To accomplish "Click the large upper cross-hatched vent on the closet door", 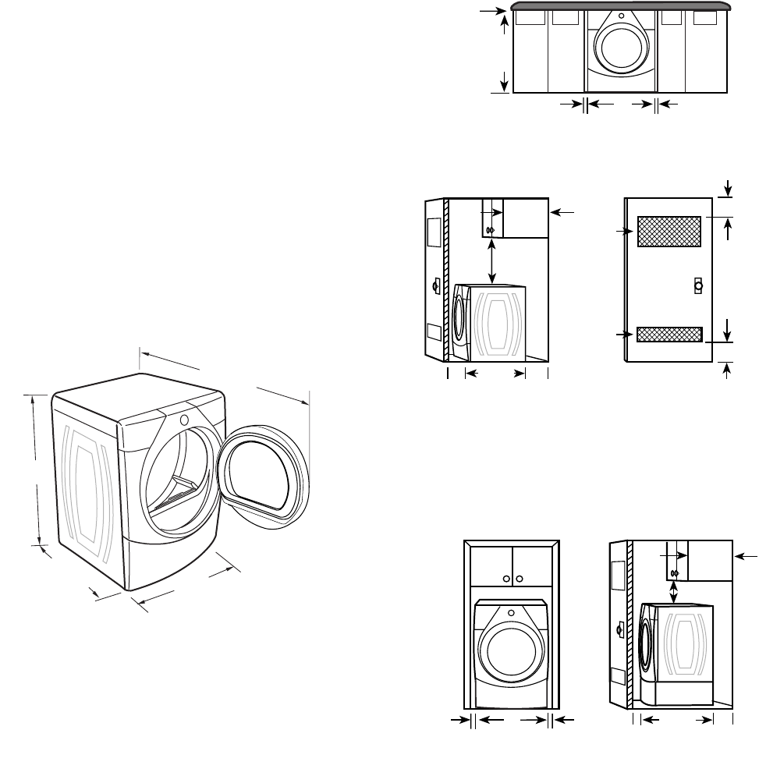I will click(x=669, y=232).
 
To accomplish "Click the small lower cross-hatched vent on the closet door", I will click(x=669, y=335).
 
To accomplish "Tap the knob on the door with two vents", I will click(x=698, y=285).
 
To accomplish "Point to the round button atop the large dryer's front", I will click(x=184, y=420).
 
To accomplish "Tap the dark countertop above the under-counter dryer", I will click(x=620, y=6).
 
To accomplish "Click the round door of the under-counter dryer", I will click(x=620, y=46).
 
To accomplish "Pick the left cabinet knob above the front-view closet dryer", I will click(x=507, y=579).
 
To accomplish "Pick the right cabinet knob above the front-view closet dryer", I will click(x=519, y=579).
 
